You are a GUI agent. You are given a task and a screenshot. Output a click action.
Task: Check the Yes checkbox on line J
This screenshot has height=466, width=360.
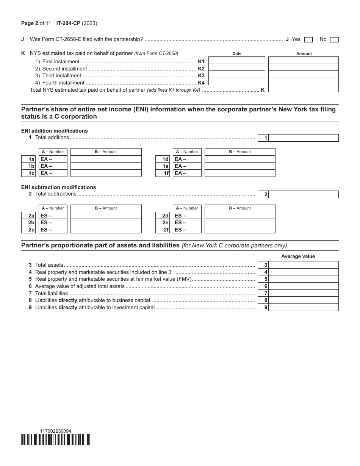[308, 39]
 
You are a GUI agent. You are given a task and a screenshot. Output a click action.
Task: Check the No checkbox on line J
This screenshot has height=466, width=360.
[334, 39]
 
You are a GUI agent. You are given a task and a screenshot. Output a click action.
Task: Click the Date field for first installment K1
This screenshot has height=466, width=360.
[237, 61]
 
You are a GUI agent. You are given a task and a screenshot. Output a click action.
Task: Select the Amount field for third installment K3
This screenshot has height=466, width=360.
[303, 75]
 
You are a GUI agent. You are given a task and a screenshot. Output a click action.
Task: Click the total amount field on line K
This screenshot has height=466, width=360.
[303, 89]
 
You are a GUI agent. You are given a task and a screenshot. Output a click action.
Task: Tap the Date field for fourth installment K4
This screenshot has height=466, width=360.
[237, 81]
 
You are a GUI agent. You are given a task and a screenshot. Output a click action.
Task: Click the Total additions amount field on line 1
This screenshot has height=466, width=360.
[303, 138]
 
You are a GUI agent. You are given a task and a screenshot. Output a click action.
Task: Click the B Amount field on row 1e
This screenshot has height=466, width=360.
[240, 166]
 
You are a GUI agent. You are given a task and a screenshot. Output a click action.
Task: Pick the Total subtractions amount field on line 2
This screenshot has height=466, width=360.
[303, 194]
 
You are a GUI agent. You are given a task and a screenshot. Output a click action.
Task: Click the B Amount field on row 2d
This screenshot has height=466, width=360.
[240, 216]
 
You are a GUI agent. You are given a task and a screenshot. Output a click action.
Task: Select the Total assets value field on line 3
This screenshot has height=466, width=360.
[303, 265]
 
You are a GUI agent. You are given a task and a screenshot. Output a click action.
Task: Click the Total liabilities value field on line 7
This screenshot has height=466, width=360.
[303, 293]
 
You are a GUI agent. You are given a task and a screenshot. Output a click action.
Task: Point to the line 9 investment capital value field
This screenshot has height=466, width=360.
[303, 307]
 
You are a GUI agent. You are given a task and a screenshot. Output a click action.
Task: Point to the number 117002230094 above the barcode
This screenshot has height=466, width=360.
[55, 431]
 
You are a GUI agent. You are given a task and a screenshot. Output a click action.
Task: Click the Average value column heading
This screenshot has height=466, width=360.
[298, 256]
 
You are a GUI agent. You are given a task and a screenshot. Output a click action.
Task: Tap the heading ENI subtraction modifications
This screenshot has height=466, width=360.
[59, 187]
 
